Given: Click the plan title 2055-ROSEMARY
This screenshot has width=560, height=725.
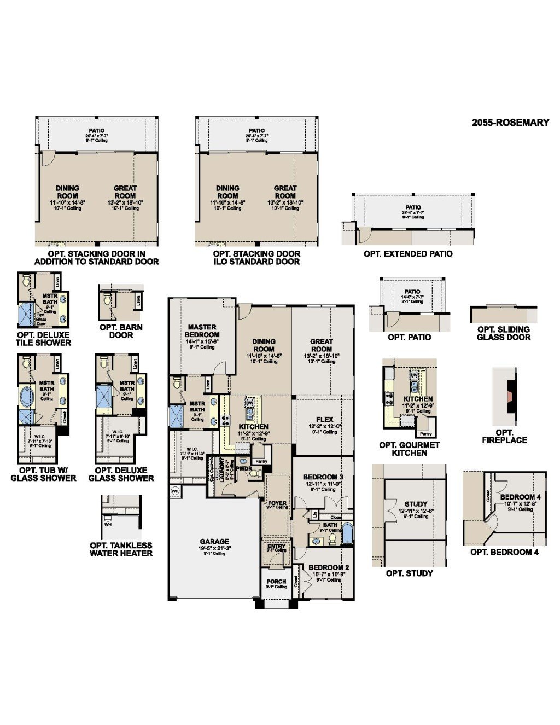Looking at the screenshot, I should [510, 123].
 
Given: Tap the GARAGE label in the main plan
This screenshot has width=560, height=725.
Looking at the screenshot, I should [214, 542].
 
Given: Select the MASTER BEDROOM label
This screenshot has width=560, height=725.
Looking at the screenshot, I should [202, 331].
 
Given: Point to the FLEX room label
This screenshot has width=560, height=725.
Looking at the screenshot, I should [324, 420].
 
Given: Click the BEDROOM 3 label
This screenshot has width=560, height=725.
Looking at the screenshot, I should [323, 477].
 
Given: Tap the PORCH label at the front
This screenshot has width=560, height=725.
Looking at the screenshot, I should [276, 581].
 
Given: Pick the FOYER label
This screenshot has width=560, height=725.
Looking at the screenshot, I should [277, 503].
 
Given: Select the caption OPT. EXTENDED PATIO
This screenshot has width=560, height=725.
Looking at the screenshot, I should [408, 254].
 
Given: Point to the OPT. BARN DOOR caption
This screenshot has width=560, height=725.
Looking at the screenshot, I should [121, 331].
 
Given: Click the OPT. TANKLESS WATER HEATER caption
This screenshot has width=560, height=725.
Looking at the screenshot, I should [121, 549].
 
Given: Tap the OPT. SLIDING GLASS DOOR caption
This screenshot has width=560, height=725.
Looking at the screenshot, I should [503, 333].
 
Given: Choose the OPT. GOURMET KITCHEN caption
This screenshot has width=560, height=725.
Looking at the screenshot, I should [409, 449].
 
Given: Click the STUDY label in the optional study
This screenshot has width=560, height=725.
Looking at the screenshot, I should [416, 504].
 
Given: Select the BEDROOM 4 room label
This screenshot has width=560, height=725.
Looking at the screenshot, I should [520, 497].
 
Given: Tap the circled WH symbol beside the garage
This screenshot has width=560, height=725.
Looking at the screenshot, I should [175, 491].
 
